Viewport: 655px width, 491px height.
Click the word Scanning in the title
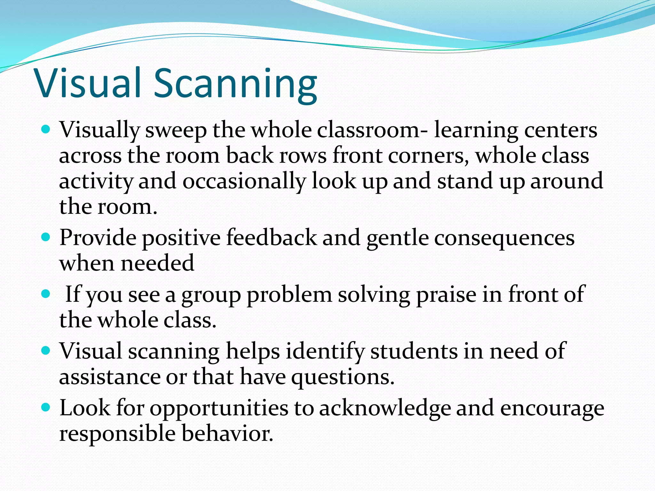pyautogui.click(x=235, y=84)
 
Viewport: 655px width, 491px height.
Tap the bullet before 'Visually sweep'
pyautogui.click(x=46, y=130)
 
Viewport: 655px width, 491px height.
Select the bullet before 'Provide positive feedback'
pyautogui.click(x=46, y=237)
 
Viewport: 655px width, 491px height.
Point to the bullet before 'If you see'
pyautogui.click(x=46, y=294)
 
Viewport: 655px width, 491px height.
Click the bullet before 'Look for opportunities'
pyautogui.click(x=46, y=408)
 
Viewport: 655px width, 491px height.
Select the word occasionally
pyautogui.click(x=244, y=182)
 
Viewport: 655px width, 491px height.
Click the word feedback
pyautogui.click(x=271, y=238)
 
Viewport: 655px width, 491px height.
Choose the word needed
pyautogui.click(x=157, y=263)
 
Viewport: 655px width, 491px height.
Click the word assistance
pyautogui.click(x=109, y=377)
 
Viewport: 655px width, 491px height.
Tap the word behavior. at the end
pyautogui.click(x=227, y=434)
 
